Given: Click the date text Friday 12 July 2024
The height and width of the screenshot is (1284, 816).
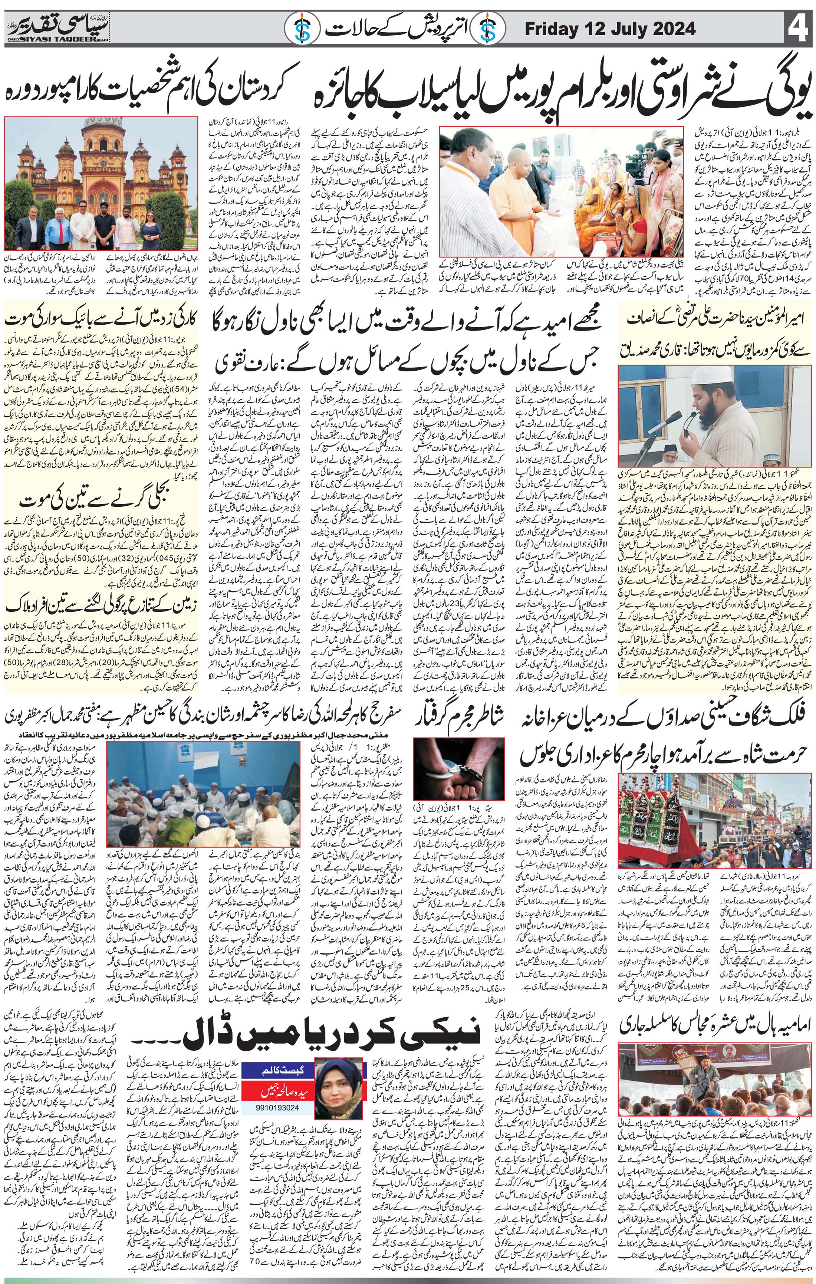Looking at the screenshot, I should [610, 29].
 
